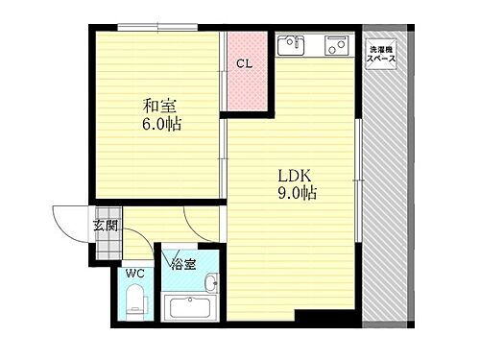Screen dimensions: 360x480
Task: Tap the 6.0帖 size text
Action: pos(161,125)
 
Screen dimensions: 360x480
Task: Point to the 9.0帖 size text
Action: pos(299,194)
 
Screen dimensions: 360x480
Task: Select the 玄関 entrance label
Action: pos(105,227)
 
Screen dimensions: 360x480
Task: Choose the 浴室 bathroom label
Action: pos(184,262)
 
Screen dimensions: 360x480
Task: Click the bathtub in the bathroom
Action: pos(193,309)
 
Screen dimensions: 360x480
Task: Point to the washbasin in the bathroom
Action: pos(210,283)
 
